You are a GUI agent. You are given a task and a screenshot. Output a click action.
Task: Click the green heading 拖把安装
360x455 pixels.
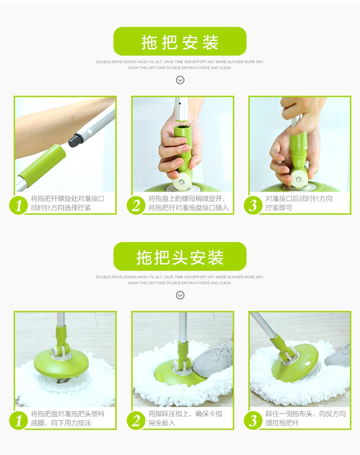pos(180,41)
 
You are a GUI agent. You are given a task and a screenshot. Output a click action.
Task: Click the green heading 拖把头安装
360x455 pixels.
pos(180,257)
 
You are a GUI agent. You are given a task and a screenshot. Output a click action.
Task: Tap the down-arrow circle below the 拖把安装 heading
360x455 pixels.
pos(180,80)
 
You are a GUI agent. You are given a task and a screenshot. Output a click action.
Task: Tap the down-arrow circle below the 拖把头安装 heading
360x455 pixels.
pos(180,295)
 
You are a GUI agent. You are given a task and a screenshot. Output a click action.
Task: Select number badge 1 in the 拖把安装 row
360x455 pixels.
pos(19,206)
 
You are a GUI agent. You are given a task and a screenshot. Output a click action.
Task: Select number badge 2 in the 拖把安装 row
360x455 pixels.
pos(136,206)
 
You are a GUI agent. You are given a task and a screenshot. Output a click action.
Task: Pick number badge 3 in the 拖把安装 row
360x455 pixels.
pos(253,206)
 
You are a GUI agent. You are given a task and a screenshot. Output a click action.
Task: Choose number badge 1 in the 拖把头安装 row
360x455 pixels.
pos(19,421)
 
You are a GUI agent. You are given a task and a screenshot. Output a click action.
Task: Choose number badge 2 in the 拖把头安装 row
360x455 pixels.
pos(136,421)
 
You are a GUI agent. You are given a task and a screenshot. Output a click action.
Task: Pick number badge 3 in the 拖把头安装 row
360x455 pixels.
pos(253,421)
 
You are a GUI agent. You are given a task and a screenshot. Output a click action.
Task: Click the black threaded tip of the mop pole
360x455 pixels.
pos(75,139)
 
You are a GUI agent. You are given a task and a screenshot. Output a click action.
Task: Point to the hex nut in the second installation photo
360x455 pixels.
pos(182,183)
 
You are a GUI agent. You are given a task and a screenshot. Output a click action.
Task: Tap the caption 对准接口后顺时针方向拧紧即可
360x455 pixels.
pos(299,203)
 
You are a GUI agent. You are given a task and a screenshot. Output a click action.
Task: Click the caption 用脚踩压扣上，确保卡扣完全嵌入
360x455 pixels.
pos(185,418)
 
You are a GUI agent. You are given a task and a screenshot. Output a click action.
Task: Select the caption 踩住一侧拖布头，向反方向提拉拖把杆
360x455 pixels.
pos(305,418)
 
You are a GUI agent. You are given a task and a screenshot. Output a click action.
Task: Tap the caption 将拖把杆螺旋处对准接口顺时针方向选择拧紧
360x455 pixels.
pos(68,203)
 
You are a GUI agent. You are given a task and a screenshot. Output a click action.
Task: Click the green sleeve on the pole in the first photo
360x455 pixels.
pos(42,164)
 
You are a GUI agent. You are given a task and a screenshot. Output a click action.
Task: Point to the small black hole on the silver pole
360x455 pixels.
pos(180,104)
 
